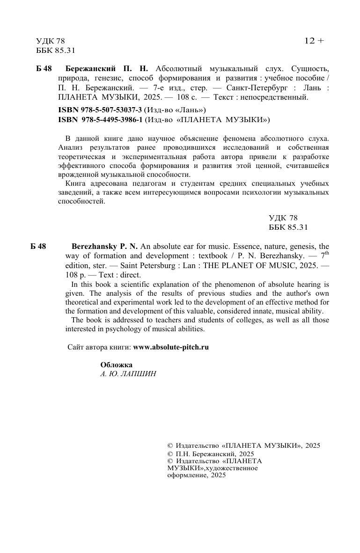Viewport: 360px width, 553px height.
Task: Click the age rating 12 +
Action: (314, 41)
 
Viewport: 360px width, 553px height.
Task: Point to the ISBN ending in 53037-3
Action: (100, 110)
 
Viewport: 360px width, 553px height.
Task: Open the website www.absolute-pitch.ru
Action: (171, 347)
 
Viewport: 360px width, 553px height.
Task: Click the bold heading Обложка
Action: (117, 365)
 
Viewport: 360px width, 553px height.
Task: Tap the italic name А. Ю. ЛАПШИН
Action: (128, 374)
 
